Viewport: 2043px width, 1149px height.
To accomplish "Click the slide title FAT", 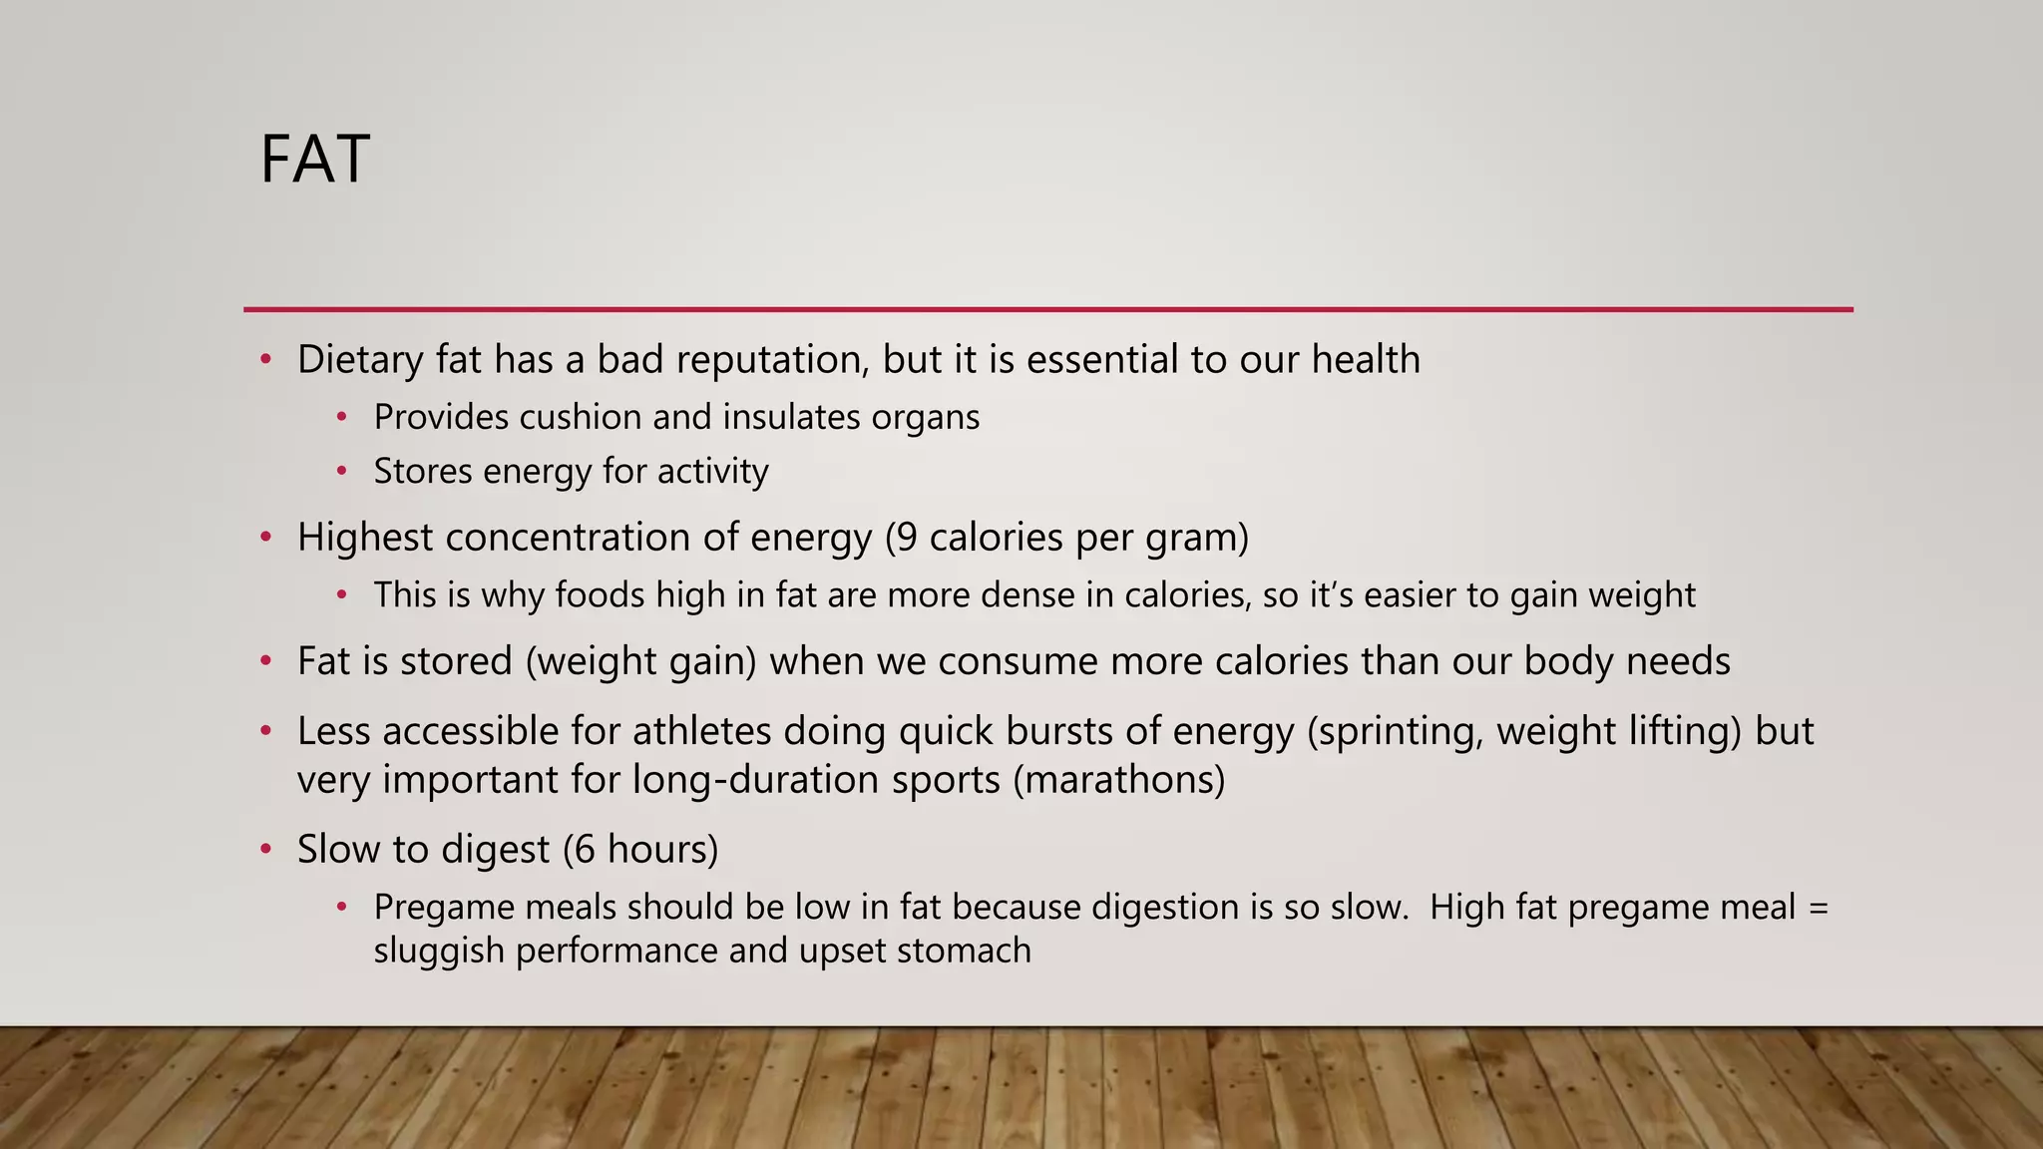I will [x=314, y=160].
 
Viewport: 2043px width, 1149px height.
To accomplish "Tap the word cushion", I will [x=580, y=417].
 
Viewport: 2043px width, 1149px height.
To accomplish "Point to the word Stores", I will [x=423, y=471].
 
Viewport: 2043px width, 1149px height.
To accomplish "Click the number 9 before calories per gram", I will [x=906, y=538].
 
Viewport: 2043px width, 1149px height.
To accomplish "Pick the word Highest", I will [x=365, y=538].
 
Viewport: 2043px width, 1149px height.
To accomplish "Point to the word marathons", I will [x=1119, y=779].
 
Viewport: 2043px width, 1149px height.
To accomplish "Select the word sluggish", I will [x=439, y=951].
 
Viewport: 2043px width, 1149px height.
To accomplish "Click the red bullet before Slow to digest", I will [x=265, y=850].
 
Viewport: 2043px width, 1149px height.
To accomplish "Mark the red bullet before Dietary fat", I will [x=265, y=360].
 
